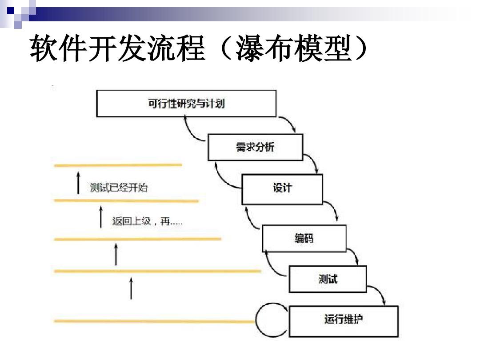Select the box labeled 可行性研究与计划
186,104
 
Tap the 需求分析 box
255,147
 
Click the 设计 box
282,189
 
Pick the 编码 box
304,238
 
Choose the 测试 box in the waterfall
328,279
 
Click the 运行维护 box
344,320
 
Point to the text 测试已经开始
119,188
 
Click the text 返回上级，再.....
147,221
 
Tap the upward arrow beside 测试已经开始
78,182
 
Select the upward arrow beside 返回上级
101,216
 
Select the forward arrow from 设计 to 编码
332,211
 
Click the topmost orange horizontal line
118,165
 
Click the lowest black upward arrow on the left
131,288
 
